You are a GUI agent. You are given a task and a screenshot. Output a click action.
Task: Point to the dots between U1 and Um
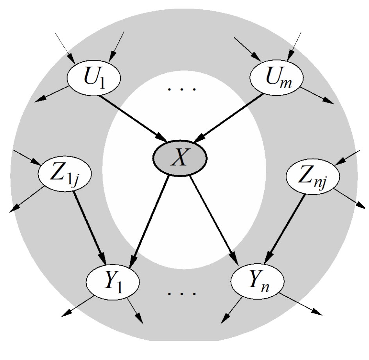click(181, 89)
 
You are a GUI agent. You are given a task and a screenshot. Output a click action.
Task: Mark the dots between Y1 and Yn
click(181, 292)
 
